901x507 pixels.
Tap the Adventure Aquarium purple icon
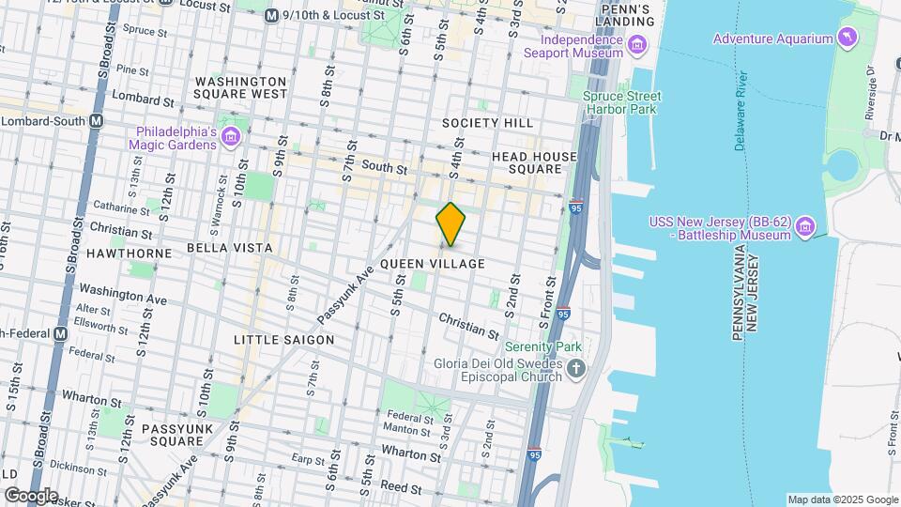(x=848, y=38)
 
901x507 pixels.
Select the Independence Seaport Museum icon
(x=637, y=44)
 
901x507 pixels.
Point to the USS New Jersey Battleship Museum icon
(x=804, y=228)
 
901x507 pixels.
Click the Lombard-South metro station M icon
(x=97, y=121)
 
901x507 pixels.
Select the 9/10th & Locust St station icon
(x=271, y=16)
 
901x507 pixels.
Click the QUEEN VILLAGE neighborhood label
(x=433, y=264)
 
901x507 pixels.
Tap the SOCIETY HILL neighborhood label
(x=487, y=123)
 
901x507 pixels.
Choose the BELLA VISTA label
(x=229, y=248)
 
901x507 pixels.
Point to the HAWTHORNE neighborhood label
(x=129, y=253)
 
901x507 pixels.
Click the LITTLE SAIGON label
(x=283, y=339)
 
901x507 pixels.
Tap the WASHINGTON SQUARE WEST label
(x=240, y=87)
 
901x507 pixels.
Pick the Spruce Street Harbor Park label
(x=621, y=103)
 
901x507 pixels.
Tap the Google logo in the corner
(x=30, y=495)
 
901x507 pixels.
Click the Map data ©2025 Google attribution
(x=842, y=499)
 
